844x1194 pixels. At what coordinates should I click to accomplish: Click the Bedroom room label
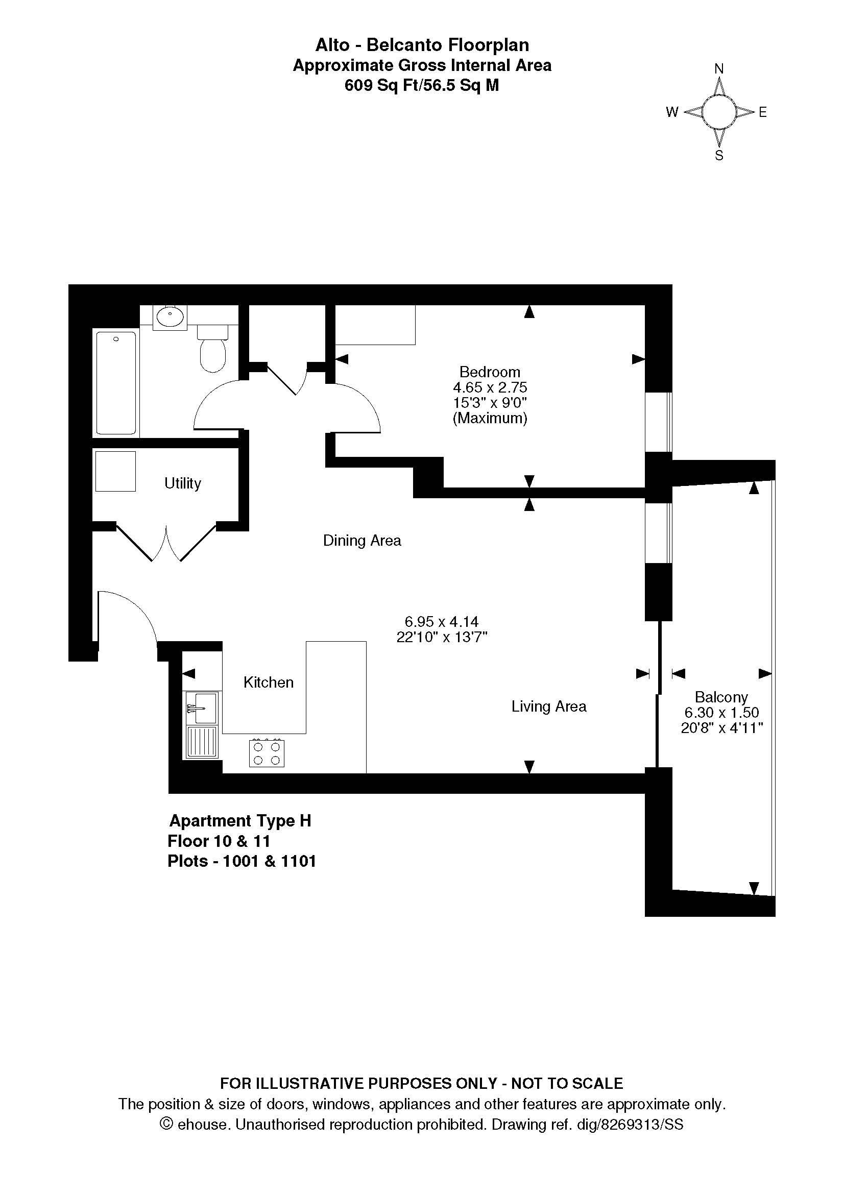pos(489,372)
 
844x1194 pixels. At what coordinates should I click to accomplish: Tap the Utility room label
pos(182,483)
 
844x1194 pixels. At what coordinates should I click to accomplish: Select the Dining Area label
pos(362,541)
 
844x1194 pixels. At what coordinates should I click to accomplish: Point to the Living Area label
pos(549,706)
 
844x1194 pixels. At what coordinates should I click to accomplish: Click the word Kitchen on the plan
pos(269,683)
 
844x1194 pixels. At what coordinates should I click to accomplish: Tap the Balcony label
pos(721,697)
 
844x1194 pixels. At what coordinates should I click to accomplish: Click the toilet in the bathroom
pos(213,349)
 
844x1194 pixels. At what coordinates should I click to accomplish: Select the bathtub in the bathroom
pos(116,383)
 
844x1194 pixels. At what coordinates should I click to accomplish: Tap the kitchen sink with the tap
pos(202,709)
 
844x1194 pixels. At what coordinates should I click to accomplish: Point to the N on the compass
pos(719,68)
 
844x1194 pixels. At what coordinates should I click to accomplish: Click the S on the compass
pos(719,156)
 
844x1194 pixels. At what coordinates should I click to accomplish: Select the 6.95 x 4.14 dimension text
pos(442,621)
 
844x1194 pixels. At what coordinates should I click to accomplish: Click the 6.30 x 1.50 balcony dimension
pos(721,713)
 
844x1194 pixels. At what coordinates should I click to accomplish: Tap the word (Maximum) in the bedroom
pos(490,418)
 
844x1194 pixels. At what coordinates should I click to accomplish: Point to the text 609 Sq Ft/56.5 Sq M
pos(422,85)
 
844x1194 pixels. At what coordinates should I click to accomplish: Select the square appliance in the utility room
pos(115,471)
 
